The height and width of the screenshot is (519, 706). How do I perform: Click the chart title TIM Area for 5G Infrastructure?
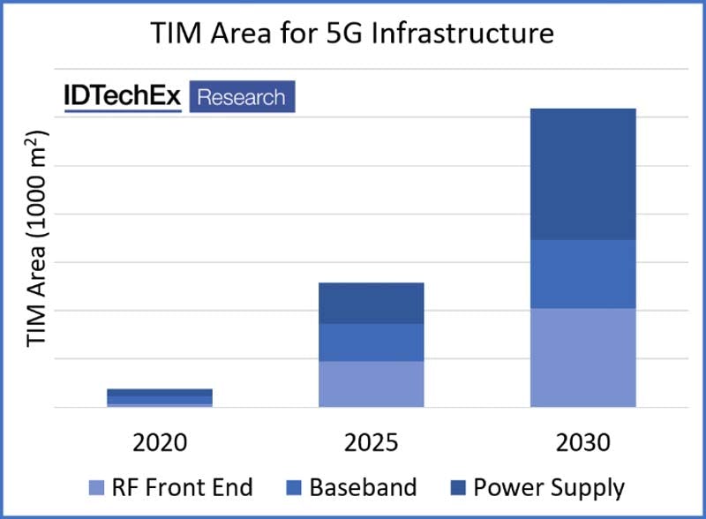[353, 33]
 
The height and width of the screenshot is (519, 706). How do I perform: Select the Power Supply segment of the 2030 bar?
[582, 174]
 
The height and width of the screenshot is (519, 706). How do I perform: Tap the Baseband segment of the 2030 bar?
[582, 274]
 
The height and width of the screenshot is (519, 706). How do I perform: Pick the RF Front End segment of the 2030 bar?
[582, 357]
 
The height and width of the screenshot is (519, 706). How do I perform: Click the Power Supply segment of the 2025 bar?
[371, 303]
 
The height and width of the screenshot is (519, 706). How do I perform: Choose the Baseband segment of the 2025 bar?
[371, 342]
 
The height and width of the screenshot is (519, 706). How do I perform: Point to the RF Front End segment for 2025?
[371, 384]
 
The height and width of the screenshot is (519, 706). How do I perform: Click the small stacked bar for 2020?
[160, 397]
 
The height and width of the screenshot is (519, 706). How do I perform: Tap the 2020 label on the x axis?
[160, 441]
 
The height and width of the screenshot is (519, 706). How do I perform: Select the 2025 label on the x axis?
[371, 441]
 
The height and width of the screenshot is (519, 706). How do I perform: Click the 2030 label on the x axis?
[582, 441]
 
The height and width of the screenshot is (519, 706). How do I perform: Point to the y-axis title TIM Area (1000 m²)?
[37, 237]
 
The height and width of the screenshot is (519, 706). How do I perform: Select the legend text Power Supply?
[548, 487]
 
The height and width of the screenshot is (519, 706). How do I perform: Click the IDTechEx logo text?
[122, 98]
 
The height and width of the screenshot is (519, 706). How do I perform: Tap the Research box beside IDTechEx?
[241, 97]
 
